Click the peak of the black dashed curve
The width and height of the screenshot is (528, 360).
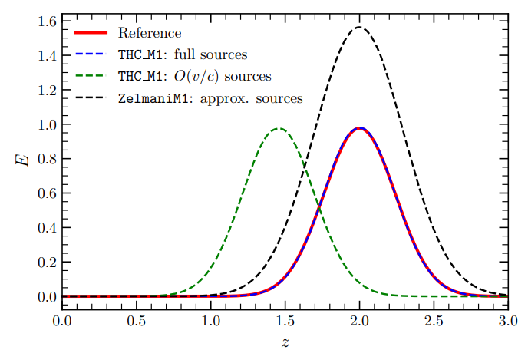click(359, 27)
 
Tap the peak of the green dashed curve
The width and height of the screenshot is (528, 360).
click(279, 128)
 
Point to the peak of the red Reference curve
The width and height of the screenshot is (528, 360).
click(360, 128)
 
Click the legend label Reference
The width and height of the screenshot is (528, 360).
click(150, 33)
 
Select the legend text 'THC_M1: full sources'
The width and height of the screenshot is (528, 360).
click(183, 54)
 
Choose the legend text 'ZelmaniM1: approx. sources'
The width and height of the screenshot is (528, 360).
click(210, 98)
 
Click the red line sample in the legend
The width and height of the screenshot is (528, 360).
click(91, 33)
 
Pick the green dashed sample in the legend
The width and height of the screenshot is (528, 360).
click(91, 76)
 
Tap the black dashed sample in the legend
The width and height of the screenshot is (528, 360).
click(91, 97)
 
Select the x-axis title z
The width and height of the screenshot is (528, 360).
click(285, 342)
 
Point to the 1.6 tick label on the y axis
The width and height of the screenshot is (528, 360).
click(47, 21)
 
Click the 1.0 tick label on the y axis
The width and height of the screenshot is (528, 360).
click(47, 125)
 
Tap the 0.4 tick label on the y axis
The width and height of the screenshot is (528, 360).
click(47, 228)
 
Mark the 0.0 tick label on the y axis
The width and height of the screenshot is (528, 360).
click(47, 297)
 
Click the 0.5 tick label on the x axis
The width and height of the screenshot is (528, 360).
click(137, 321)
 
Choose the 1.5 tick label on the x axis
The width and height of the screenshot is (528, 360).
click(285, 321)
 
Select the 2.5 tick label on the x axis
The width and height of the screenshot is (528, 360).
click(434, 321)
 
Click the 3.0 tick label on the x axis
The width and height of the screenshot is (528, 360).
click(508, 321)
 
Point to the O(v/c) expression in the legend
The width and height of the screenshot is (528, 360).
click(196, 77)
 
